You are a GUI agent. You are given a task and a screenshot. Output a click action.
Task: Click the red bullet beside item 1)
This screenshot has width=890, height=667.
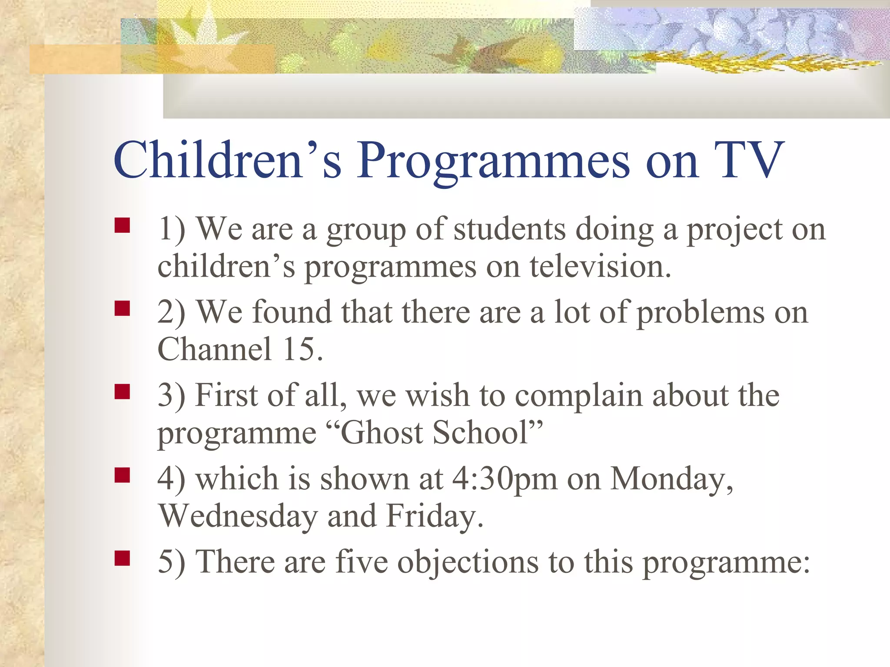[123, 226]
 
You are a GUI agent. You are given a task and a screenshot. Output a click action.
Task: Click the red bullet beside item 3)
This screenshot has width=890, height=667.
[123, 392]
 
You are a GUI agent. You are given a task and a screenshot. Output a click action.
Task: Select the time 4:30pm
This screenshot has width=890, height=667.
[505, 479]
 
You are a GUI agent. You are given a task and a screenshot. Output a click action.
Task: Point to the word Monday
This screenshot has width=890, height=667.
[671, 479]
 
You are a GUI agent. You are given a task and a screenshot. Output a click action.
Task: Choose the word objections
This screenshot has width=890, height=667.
[468, 562]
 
